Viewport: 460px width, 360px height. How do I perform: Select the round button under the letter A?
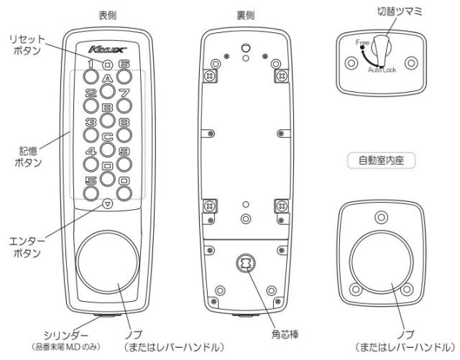(106, 91)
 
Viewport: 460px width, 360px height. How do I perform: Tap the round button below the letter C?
(106, 149)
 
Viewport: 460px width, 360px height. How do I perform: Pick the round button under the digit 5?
(91, 193)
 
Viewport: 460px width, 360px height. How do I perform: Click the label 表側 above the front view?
(107, 15)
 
